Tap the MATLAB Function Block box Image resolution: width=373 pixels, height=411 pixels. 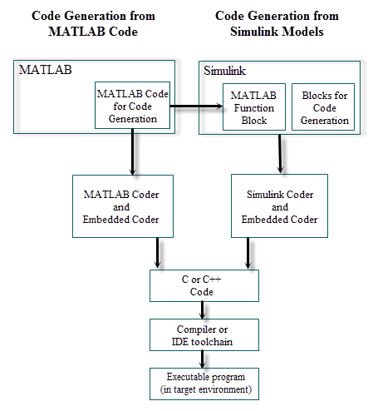253,107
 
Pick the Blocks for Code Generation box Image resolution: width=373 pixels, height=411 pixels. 323,107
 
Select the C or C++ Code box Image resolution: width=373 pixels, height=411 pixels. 204,285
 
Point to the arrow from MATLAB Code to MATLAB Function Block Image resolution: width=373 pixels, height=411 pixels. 196,106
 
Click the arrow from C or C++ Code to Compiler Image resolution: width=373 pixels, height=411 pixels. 204,309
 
